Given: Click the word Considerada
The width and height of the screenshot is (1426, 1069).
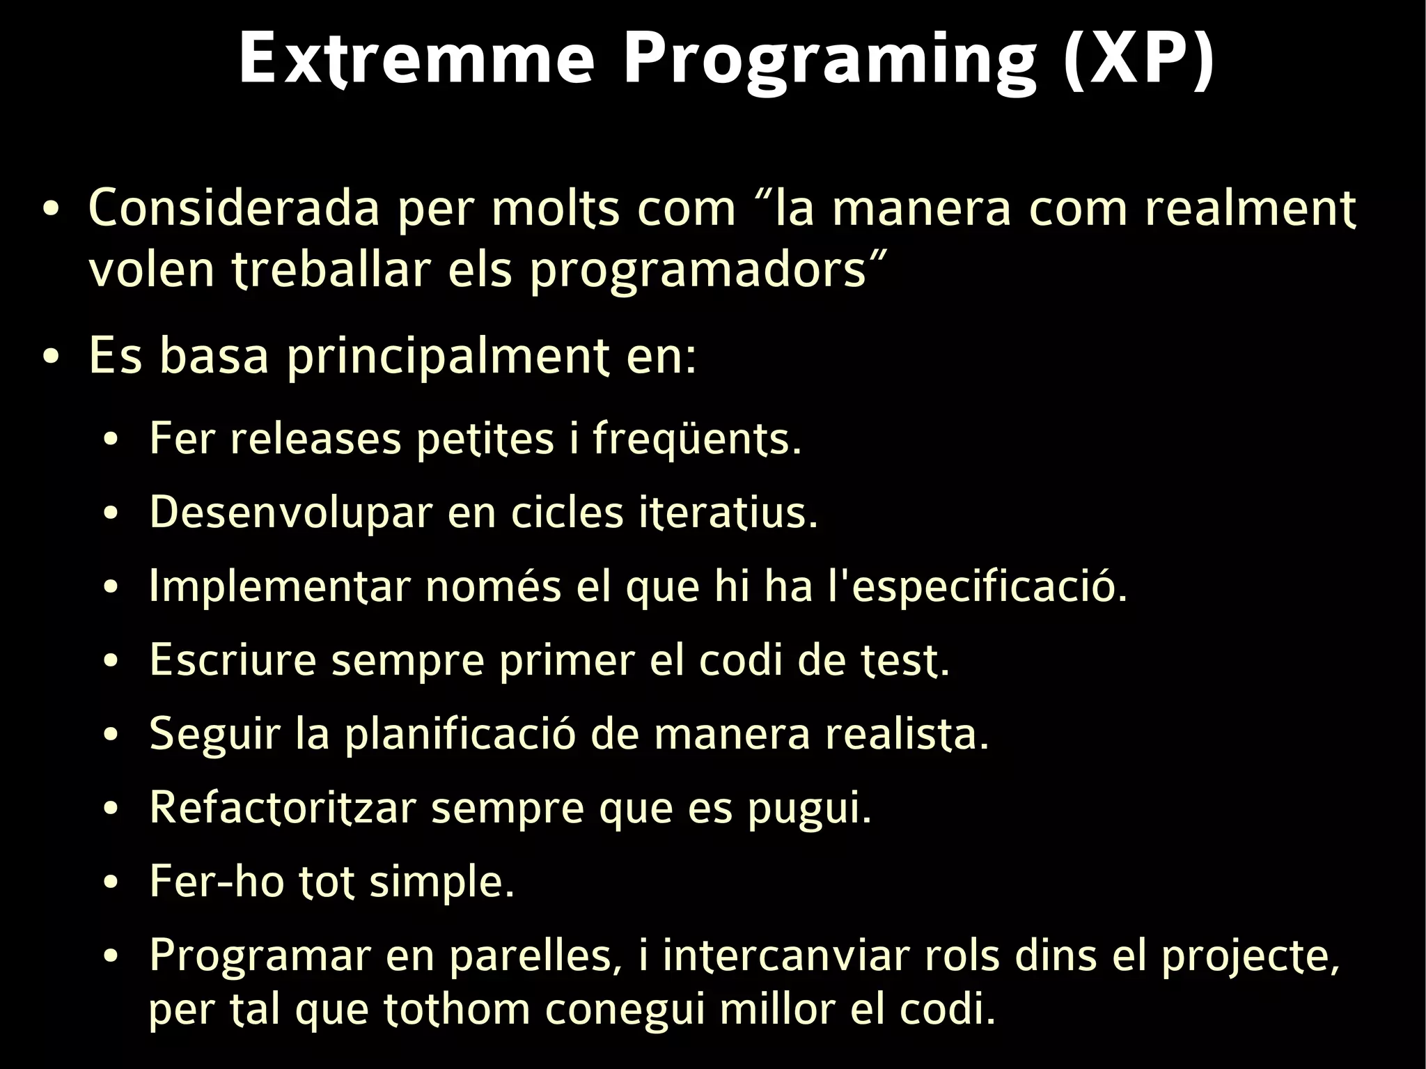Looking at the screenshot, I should pyautogui.click(x=234, y=208).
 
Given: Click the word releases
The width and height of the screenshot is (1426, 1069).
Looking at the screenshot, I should pyautogui.click(x=315, y=439).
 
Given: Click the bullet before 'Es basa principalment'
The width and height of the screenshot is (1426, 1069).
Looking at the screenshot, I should pyautogui.click(x=50, y=357).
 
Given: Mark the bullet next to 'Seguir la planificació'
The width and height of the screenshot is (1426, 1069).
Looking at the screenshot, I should pyautogui.click(x=111, y=735).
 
